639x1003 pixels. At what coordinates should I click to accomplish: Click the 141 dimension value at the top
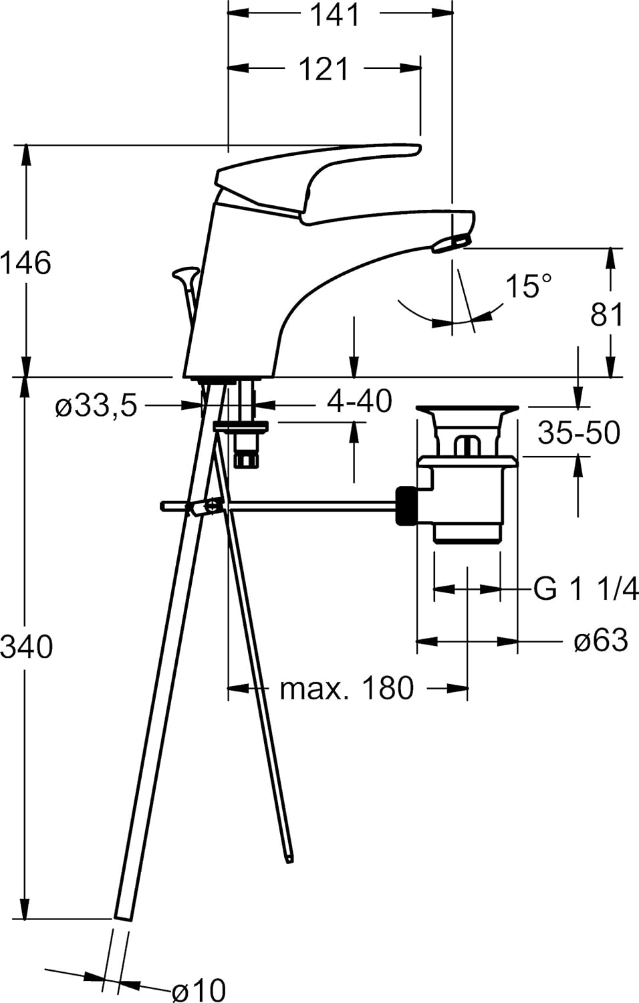pos(335,15)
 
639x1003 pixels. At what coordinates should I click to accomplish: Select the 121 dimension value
pos(324,69)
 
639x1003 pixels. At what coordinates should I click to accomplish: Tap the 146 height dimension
pos(25,263)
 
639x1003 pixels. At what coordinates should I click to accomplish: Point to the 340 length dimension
pos(26,647)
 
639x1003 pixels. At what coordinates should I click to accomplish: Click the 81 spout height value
pos(606,314)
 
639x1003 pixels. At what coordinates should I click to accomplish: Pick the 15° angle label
pos(528,287)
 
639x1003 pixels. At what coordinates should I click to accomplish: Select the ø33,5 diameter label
pos(96,405)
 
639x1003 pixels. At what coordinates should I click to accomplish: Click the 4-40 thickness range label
pos(359,401)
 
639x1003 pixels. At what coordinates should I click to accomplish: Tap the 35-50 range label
pos(579,433)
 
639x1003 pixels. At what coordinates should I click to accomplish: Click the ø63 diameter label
pos(601,641)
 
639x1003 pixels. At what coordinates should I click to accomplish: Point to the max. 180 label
pos(347,687)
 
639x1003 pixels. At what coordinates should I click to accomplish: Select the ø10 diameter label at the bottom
pos(199,989)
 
